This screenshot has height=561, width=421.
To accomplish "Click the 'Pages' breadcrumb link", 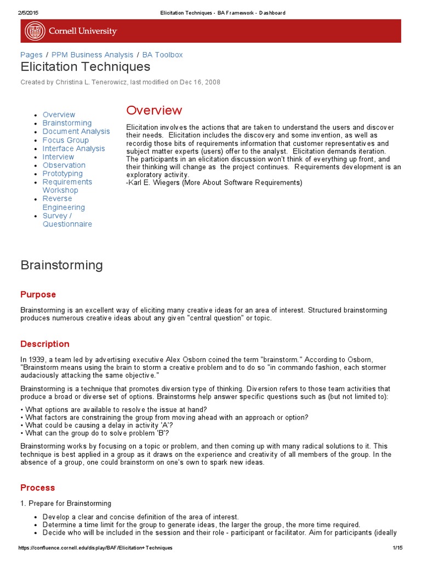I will click(31, 55).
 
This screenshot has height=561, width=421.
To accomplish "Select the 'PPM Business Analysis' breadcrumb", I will click(93, 55).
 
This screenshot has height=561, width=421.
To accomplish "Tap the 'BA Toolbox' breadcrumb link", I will click(162, 55).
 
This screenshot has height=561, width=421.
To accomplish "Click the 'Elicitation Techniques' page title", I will click(85, 67).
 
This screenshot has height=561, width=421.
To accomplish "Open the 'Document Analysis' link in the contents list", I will click(76, 131).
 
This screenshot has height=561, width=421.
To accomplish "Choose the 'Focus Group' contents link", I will click(66, 140).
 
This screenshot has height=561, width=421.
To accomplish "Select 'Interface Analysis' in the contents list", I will click(73, 148).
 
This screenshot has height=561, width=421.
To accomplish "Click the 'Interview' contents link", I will click(58, 157).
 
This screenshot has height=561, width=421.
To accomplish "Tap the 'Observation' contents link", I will click(64, 165).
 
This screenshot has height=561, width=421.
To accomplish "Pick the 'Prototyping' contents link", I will click(62, 174).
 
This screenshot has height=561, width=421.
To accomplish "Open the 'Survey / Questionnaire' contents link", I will click(67, 220).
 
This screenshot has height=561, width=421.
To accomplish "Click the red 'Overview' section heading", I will click(154, 110).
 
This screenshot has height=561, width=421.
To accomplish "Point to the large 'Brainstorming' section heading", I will click(61, 265).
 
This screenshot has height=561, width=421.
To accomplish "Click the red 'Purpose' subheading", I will click(38, 295).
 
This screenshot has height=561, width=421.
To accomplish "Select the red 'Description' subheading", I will click(45, 344).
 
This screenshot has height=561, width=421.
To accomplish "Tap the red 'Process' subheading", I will click(38, 488).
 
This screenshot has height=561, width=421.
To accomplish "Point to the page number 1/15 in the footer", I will click(397, 548).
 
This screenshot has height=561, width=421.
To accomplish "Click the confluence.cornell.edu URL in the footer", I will click(95, 548).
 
